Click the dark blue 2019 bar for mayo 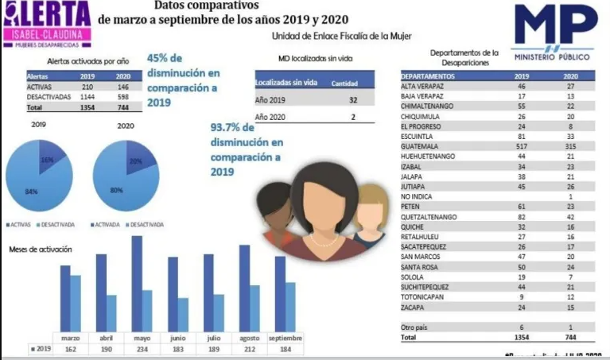[137, 281]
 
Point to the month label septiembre [285, 337]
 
